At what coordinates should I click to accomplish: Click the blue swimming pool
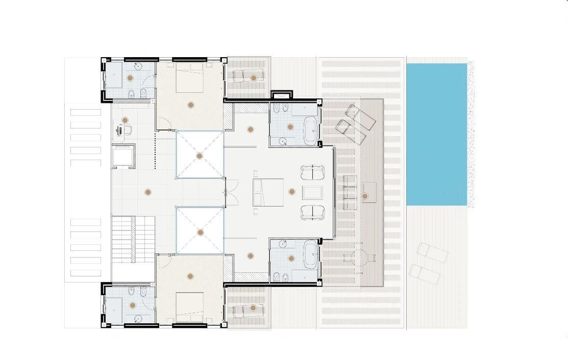[x=436, y=134]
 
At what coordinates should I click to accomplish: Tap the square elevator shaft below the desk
[x=123, y=156]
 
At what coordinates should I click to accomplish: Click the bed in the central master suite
[x=267, y=192]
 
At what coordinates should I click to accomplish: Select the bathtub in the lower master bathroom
[x=310, y=254]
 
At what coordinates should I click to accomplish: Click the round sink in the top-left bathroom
[x=138, y=67]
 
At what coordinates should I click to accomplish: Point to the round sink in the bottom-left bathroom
[x=138, y=318]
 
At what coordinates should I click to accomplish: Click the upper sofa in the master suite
[x=312, y=172]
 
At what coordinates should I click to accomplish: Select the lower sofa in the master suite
[x=312, y=212]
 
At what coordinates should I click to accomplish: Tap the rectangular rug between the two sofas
[x=312, y=193]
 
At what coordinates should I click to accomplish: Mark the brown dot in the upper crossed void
[x=200, y=156]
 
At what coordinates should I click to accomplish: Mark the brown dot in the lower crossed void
[x=201, y=233]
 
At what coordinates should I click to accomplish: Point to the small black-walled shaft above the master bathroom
[x=281, y=95]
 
